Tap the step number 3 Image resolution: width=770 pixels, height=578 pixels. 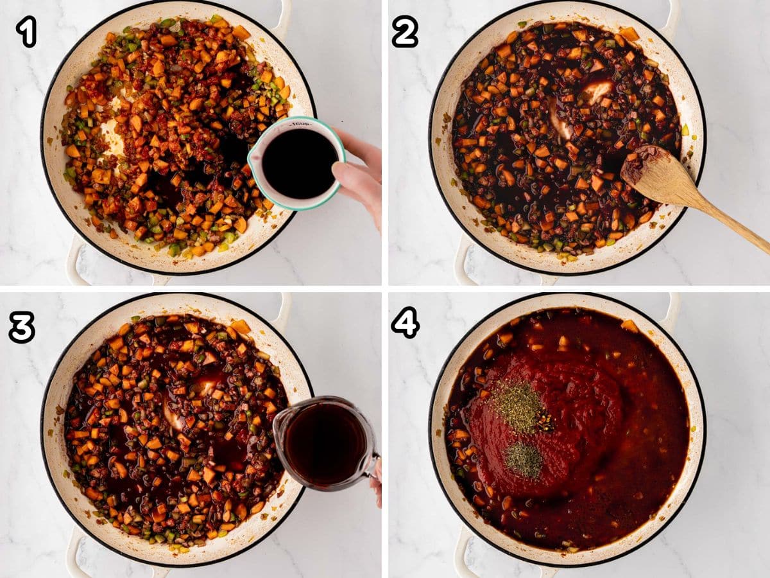click(22, 327)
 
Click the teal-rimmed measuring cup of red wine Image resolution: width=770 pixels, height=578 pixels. click(296, 163)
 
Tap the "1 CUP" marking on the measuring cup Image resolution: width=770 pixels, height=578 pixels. click(301, 124)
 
